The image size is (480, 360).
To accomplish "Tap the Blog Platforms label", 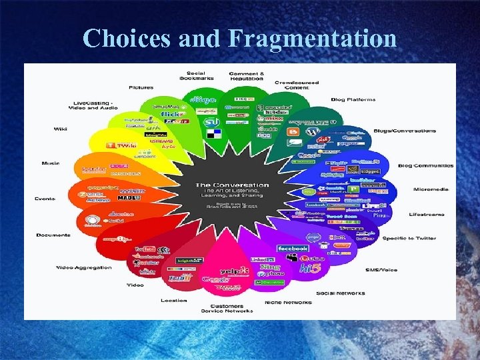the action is pyautogui.click(x=353, y=100).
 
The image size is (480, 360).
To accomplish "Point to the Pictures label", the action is pyautogui.click(x=141, y=87).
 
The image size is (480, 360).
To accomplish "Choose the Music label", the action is pyautogui.click(x=51, y=163).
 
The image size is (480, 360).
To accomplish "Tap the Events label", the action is pyautogui.click(x=45, y=199).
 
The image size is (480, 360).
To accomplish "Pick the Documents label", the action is pyautogui.click(x=54, y=235).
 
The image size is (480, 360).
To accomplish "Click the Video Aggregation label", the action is pyautogui.click(x=84, y=268).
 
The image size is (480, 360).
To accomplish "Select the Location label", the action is pyautogui.click(x=174, y=300).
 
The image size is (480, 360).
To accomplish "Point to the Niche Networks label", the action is pyautogui.click(x=288, y=302).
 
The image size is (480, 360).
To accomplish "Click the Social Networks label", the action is pyautogui.click(x=341, y=293).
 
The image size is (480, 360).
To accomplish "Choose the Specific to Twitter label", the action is pyautogui.click(x=409, y=238).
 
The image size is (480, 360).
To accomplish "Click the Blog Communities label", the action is pyautogui.click(x=425, y=165).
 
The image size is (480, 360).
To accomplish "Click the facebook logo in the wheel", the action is pyautogui.click(x=293, y=248).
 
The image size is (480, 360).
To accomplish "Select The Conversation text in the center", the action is pyautogui.click(x=232, y=185).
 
